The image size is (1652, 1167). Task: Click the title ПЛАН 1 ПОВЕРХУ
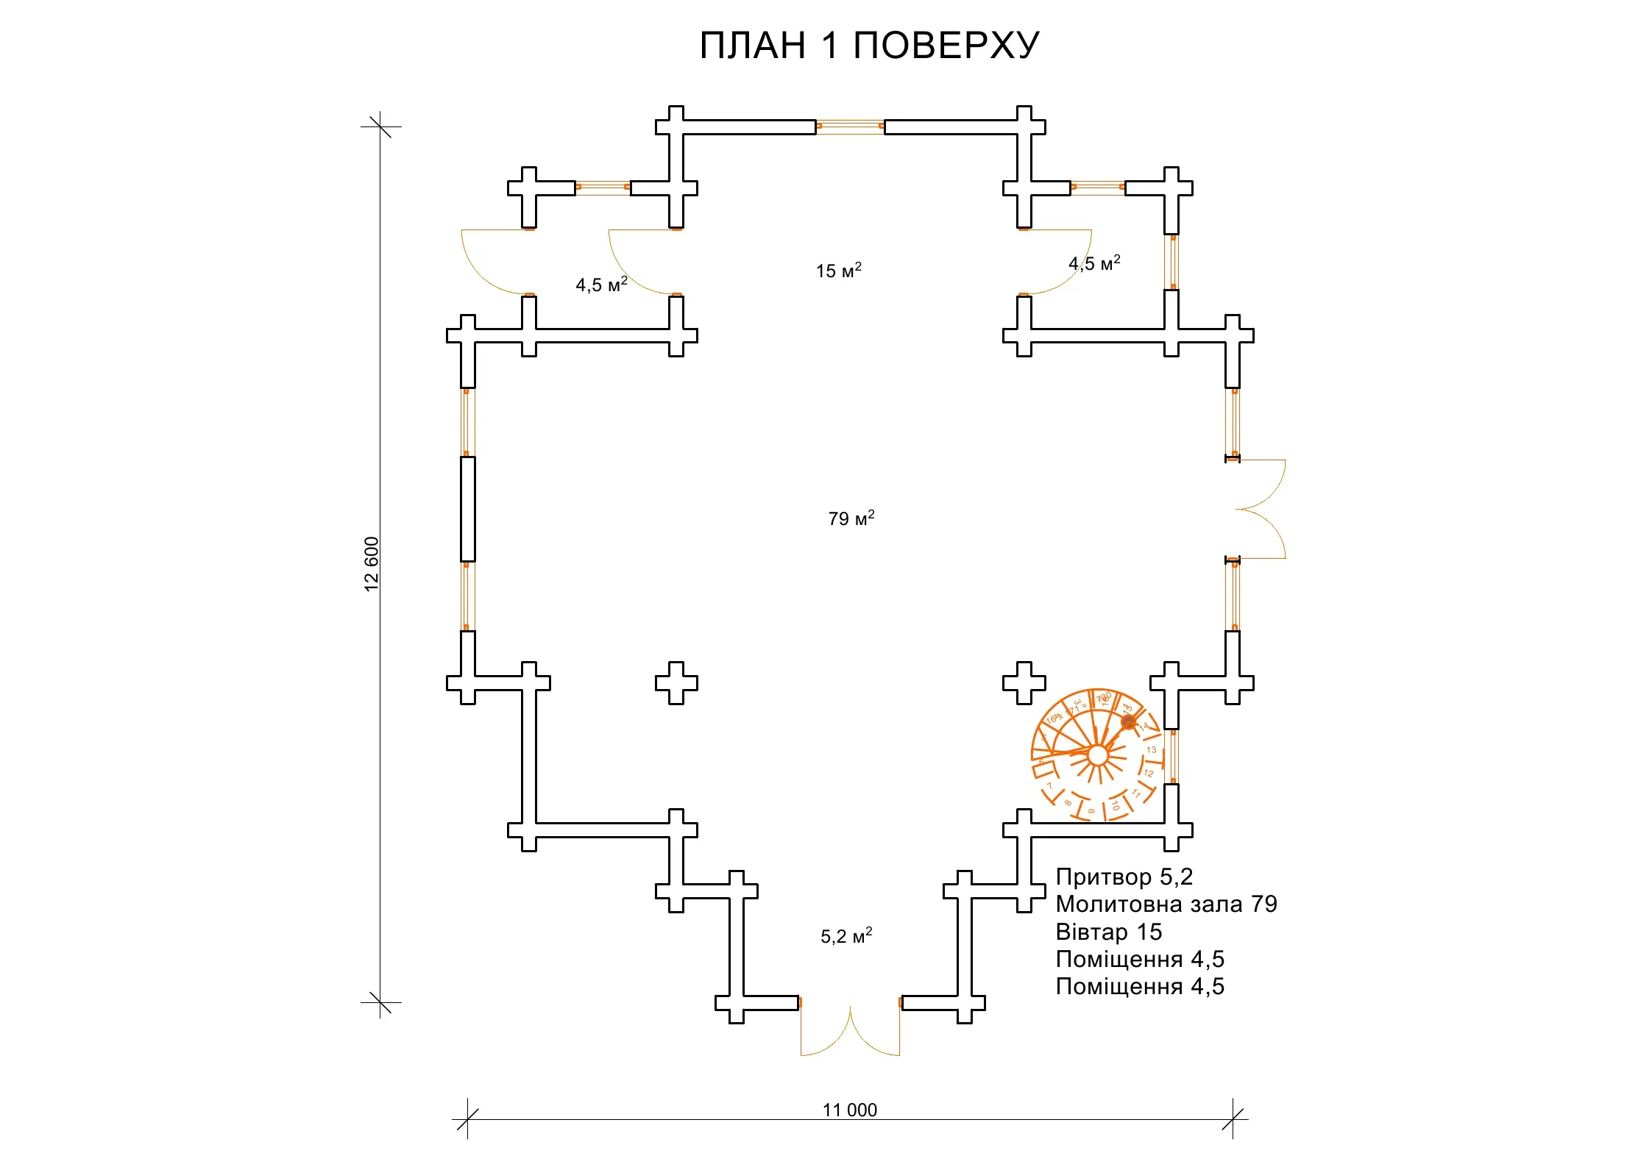(869, 46)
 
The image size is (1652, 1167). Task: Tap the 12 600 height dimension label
(372, 564)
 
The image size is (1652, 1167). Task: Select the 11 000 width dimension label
(849, 1110)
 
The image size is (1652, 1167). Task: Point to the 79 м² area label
(851, 518)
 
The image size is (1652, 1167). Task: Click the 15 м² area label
(838, 271)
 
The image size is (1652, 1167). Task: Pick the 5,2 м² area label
(846, 936)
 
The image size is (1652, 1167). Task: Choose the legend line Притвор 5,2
(1124, 877)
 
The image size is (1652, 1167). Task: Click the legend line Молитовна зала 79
(1166, 904)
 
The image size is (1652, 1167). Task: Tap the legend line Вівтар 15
(1108, 932)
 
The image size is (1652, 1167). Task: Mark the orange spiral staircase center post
(1097, 755)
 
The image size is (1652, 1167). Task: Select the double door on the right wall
(1260, 509)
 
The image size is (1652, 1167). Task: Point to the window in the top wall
(850, 126)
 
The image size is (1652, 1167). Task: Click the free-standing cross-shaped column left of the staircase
(1024, 682)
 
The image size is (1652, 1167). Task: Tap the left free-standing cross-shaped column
(676, 682)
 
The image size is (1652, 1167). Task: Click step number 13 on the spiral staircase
(1151, 750)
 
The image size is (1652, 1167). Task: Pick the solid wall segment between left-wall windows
(468, 509)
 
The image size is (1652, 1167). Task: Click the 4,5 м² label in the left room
(601, 285)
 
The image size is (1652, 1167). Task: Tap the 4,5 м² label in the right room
(1094, 263)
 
